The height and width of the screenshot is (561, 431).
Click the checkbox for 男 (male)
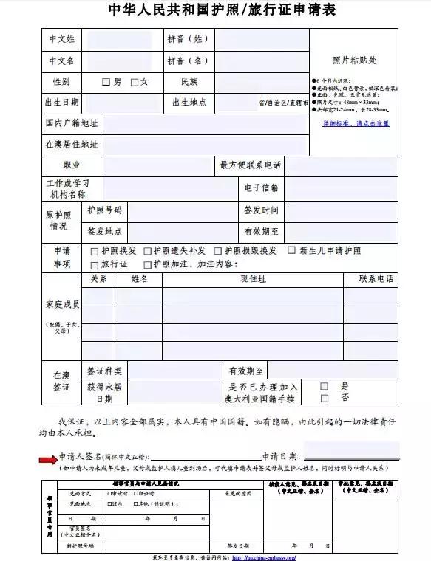(x=106, y=82)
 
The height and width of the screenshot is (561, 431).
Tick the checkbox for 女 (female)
(x=135, y=82)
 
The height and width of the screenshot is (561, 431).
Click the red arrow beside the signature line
(x=48, y=459)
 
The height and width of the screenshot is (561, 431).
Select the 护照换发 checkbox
(x=95, y=251)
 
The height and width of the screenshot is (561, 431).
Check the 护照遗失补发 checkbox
(x=147, y=251)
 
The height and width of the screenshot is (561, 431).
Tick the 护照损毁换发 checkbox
(x=218, y=251)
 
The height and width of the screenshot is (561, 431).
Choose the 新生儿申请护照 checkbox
(x=291, y=250)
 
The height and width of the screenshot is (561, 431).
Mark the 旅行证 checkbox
(x=95, y=264)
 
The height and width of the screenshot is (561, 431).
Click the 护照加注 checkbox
(x=147, y=264)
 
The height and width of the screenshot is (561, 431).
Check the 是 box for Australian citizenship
(x=325, y=386)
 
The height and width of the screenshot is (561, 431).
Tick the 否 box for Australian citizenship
(x=325, y=399)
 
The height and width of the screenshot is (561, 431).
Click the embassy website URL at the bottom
(x=263, y=557)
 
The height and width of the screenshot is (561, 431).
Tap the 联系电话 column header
(x=376, y=279)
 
